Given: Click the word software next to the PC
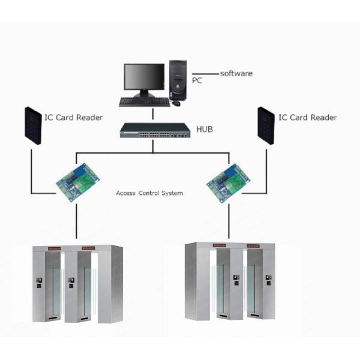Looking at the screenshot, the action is (x=236, y=73).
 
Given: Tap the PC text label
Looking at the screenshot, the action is (x=197, y=80).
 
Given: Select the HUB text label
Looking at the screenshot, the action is (x=205, y=129).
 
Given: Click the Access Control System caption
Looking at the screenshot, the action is (x=149, y=193).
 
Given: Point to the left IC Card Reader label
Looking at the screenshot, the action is (x=73, y=118).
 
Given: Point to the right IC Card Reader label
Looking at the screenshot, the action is (x=308, y=118).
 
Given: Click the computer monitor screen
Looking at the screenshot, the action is (x=144, y=77).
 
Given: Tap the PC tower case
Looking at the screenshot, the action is (x=178, y=80).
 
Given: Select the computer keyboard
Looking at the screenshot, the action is (x=145, y=102).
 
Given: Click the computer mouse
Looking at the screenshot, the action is (x=176, y=103).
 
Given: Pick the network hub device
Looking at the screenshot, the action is (x=155, y=130).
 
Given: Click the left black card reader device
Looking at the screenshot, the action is (x=33, y=125).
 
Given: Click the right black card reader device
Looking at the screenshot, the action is (x=266, y=125).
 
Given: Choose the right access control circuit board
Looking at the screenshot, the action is (x=228, y=183).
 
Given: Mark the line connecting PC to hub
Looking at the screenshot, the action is (x=153, y=114).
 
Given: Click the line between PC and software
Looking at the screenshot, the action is (x=205, y=74).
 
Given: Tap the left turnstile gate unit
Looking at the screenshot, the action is (x=77, y=284).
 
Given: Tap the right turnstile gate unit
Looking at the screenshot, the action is (x=230, y=281).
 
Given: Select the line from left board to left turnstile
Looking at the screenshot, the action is (x=76, y=221).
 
